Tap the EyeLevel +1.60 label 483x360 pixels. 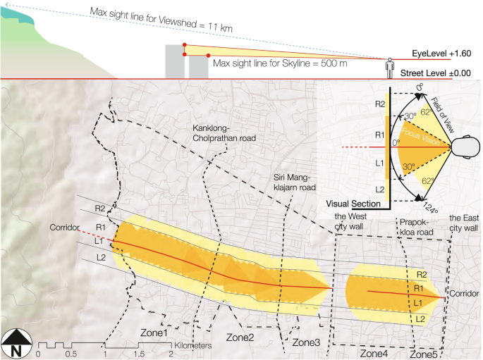[441, 54]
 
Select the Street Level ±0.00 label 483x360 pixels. [435, 73]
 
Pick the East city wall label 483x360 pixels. [463, 223]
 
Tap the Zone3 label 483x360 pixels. [306, 342]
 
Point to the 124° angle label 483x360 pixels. [429, 209]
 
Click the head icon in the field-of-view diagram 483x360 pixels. [463, 148]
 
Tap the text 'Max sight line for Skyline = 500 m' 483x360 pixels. [280, 63]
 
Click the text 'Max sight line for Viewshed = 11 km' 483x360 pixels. [161, 20]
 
